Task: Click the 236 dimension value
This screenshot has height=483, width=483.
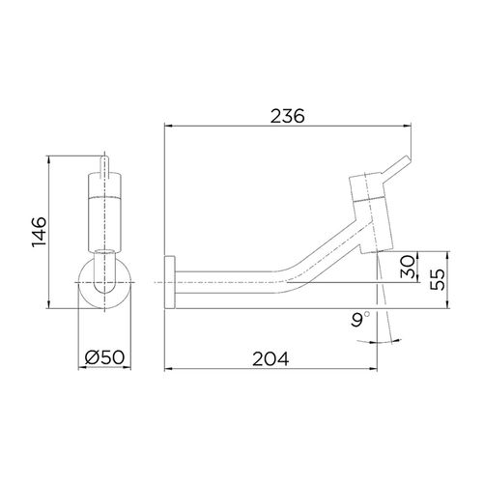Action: pos(287,116)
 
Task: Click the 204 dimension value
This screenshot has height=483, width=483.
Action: pos(270,358)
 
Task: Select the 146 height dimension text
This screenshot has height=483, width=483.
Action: pos(39,232)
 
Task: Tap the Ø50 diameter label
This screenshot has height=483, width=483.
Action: pos(104,357)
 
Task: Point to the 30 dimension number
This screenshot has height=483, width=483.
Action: pos(408,267)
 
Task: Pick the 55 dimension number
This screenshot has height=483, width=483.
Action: pos(438,279)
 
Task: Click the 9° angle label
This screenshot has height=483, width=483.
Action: pos(360,319)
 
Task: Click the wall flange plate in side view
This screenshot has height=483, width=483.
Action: pos(169,282)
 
